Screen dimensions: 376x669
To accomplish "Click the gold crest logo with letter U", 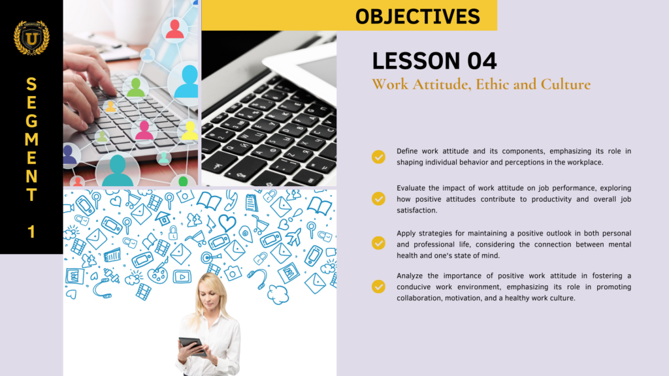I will click(x=31, y=38).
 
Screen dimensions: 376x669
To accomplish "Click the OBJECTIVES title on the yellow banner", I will click(x=417, y=16).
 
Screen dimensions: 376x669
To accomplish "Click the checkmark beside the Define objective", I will click(x=378, y=157).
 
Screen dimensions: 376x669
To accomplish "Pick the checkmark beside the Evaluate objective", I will click(x=378, y=198).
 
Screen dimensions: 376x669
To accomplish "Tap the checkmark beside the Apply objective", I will click(x=378, y=243).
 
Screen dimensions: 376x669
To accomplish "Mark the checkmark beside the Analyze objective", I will click(x=378, y=286).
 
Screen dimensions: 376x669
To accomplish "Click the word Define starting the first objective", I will click(x=407, y=151).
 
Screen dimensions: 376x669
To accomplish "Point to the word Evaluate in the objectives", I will click(x=412, y=188).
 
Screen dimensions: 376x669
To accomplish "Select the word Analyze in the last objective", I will click(x=411, y=276).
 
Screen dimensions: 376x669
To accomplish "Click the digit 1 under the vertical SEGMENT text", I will click(x=31, y=232).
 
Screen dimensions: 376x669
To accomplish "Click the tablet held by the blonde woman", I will click(x=192, y=345).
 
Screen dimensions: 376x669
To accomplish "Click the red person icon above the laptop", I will click(x=174, y=28).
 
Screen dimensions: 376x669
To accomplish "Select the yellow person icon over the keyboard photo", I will click(x=189, y=131).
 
